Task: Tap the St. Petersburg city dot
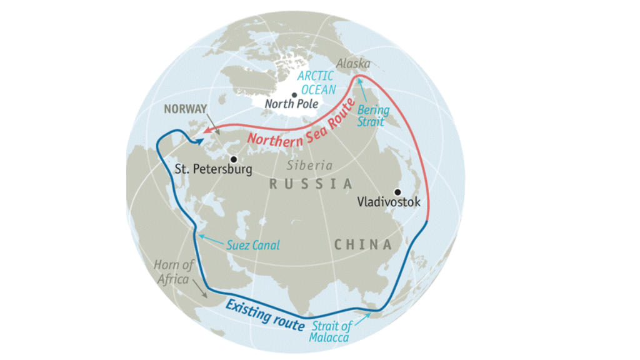tap(232, 159)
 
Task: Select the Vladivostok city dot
tap(396, 192)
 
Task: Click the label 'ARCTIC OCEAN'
tap(316, 82)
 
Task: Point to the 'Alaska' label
tap(353, 64)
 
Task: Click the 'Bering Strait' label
tap(373, 116)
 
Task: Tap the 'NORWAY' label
tap(185, 109)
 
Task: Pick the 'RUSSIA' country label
tap(311, 184)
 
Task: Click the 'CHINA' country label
tap(363, 244)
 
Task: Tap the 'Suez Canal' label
tap(253, 246)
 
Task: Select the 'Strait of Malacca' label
tap(332, 331)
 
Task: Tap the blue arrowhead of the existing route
tap(199, 141)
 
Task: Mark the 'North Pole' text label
tap(291, 104)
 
